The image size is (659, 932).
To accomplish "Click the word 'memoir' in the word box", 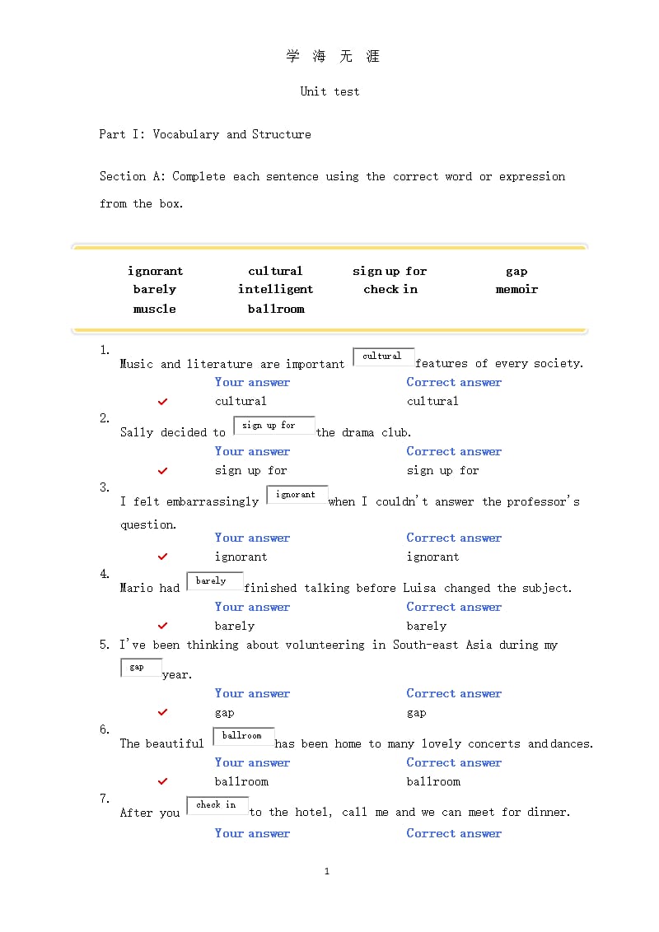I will coord(516,290).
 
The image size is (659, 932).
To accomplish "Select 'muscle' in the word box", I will coord(155,310).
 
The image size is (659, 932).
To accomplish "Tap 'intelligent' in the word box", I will coord(276,290).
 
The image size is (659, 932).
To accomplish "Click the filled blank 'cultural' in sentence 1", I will coord(383,356).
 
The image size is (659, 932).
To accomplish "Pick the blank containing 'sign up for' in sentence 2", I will coord(274,426).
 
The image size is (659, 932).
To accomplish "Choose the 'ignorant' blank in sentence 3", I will coord(297,495).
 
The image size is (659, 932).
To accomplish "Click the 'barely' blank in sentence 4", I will coord(214,581).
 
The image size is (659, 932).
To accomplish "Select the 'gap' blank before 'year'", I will coord(141,668).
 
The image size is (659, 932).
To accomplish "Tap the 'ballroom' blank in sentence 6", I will coord(243,736).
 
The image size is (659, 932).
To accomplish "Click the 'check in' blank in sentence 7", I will coord(217,805).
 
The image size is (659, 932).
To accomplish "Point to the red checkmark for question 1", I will coord(163,402).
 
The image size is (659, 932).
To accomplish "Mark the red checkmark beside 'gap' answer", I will coord(163,713).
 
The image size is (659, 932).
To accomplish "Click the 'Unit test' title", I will coord(329,91).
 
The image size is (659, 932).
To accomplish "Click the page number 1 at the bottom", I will coord(327,871).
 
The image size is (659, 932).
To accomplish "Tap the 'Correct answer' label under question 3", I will coord(454,538).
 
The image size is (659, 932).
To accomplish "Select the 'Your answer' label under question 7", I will coord(252,834).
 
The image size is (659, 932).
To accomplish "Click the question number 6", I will coord(105,729).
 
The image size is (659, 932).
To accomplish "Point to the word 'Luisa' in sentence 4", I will coord(419,588).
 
